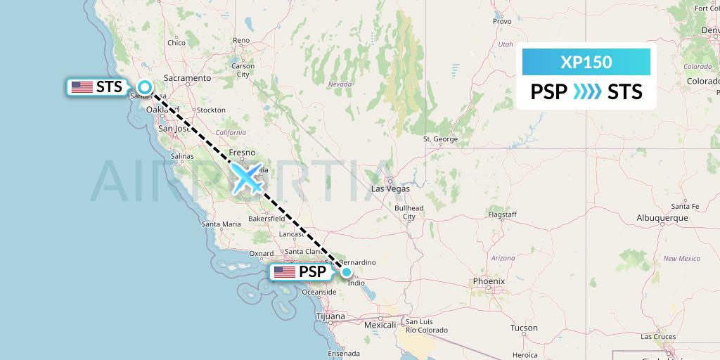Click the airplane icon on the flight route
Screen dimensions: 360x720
click(x=247, y=178)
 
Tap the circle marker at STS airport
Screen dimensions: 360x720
click(x=145, y=87)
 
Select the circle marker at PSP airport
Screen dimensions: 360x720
click(x=346, y=272)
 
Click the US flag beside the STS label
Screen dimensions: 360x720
click(x=82, y=87)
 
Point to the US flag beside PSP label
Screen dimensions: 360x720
click(x=285, y=272)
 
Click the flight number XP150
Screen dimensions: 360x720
click(x=586, y=63)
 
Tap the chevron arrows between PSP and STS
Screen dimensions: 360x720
click(x=587, y=91)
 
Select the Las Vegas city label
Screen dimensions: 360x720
click(x=390, y=188)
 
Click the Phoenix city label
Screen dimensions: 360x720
click(x=489, y=281)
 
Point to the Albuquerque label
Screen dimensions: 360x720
click(x=662, y=218)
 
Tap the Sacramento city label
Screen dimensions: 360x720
click(x=187, y=78)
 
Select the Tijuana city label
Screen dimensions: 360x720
click(x=330, y=316)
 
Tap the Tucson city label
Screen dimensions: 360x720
click(x=523, y=328)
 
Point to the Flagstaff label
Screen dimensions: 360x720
click(x=502, y=214)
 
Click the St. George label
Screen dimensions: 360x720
click(x=440, y=139)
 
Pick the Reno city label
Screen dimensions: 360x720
click(x=241, y=41)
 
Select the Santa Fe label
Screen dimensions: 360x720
click(x=684, y=206)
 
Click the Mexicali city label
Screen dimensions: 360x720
click(x=381, y=326)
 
